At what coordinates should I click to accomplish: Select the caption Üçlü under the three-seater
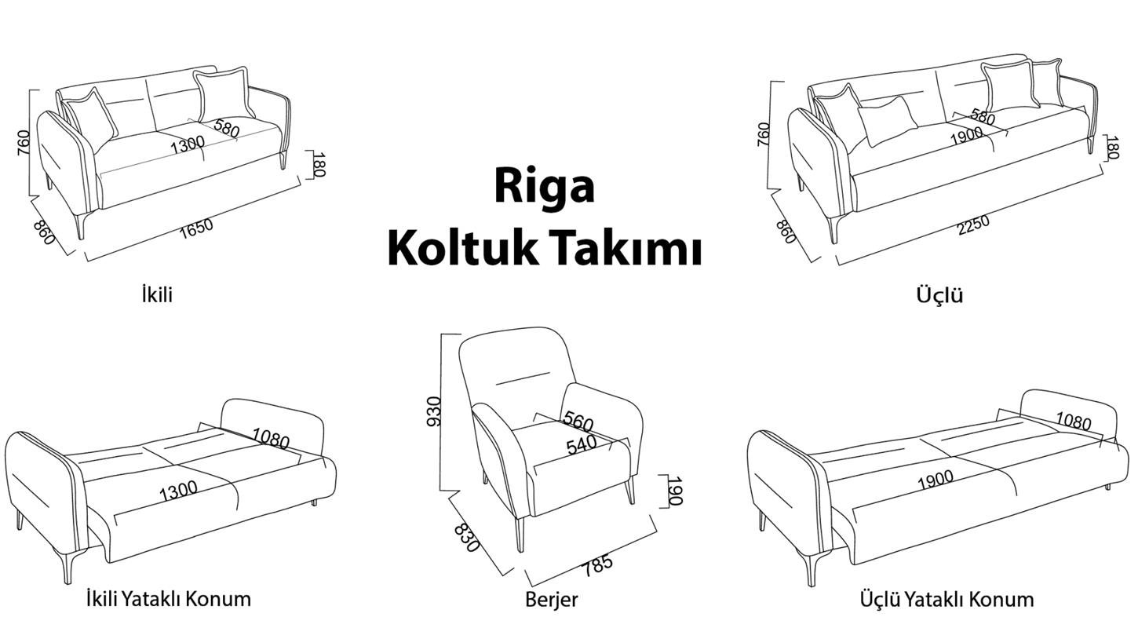point(940,295)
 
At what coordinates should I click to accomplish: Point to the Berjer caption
point(552,600)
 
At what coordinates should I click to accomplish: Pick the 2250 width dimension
point(973,225)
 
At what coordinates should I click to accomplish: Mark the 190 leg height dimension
point(673,491)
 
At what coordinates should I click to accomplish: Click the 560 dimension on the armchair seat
point(578,422)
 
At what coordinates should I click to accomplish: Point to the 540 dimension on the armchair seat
point(582,445)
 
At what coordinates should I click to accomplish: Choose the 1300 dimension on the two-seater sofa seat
point(187,144)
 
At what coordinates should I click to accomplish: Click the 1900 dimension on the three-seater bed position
point(936,480)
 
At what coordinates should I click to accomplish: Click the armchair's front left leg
point(520,534)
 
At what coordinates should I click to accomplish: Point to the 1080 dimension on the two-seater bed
point(271,438)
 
